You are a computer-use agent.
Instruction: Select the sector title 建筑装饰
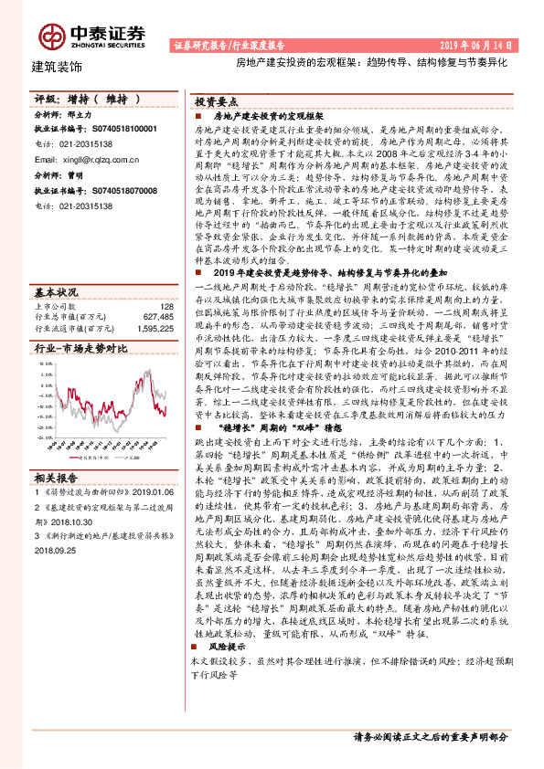57,67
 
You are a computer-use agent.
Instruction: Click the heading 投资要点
216,103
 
